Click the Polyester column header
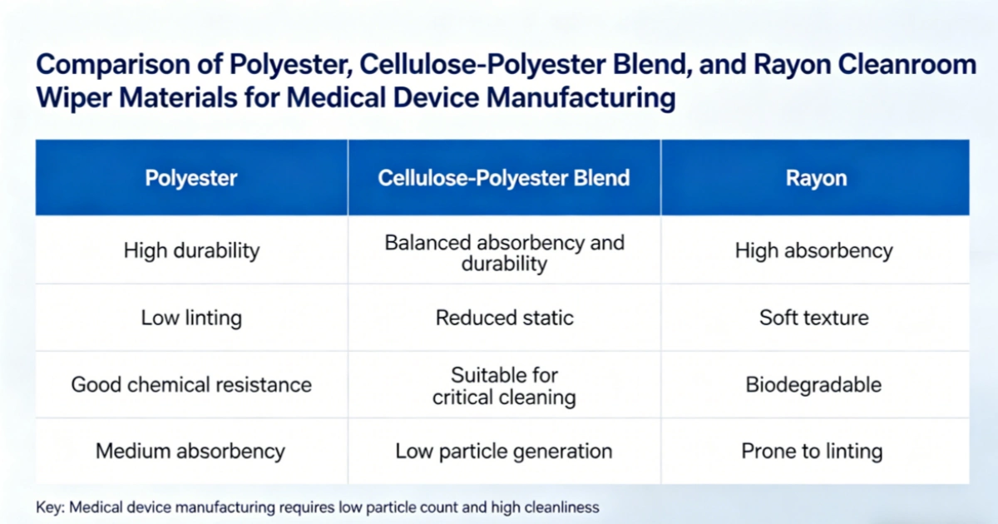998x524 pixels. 191,178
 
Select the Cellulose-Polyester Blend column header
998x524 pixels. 504,178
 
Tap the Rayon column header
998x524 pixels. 815,178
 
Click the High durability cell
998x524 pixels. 191,250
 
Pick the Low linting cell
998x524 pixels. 191,318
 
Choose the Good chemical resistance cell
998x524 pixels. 191,384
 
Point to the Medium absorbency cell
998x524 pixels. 191,452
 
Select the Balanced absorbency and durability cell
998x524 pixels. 504,253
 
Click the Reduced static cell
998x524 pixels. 504,318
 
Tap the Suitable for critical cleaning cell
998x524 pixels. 504,385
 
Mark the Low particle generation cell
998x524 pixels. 504,452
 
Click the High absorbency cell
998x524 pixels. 814,250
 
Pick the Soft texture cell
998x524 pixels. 814,318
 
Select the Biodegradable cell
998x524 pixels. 814,384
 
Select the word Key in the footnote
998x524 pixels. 49,507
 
